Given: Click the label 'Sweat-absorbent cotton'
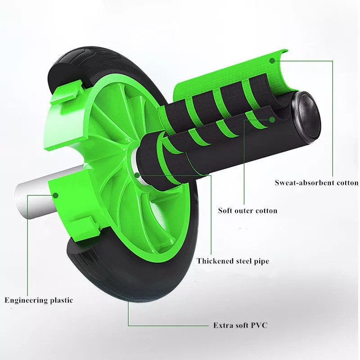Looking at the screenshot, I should [x=316, y=183].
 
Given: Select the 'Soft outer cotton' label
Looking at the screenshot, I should [x=247, y=210].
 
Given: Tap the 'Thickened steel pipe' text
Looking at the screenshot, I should [x=233, y=261].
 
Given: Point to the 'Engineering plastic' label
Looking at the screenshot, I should [x=38, y=300].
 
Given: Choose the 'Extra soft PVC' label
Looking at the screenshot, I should [x=240, y=325].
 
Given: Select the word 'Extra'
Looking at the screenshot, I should [x=222, y=325].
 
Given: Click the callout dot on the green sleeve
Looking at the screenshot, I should [x=271, y=60].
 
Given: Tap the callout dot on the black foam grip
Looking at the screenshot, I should [x=272, y=120].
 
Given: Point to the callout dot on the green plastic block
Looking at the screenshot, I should [x=56, y=195].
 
